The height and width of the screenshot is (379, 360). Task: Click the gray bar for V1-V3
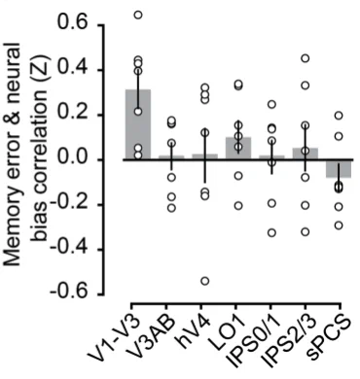click(138, 124)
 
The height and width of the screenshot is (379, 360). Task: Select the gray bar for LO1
click(238, 149)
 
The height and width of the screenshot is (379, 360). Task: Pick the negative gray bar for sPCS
click(339, 169)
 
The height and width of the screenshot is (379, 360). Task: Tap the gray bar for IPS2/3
click(306, 154)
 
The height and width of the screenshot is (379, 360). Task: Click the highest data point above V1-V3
click(138, 15)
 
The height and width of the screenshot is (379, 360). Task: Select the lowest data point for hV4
click(205, 281)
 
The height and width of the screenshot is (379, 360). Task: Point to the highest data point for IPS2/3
click(306, 58)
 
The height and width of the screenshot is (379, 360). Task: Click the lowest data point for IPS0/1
click(271, 232)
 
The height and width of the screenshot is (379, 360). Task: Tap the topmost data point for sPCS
click(339, 116)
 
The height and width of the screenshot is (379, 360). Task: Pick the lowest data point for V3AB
click(171, 208)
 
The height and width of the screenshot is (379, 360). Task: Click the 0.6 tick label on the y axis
click(74, 24)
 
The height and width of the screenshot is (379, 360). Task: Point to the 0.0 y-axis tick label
click(74, 159)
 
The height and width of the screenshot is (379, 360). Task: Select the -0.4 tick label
click(69, 250)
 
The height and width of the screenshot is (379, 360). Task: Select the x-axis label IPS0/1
click(251, 343)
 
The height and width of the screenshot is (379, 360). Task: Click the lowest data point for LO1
click(238, 205)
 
